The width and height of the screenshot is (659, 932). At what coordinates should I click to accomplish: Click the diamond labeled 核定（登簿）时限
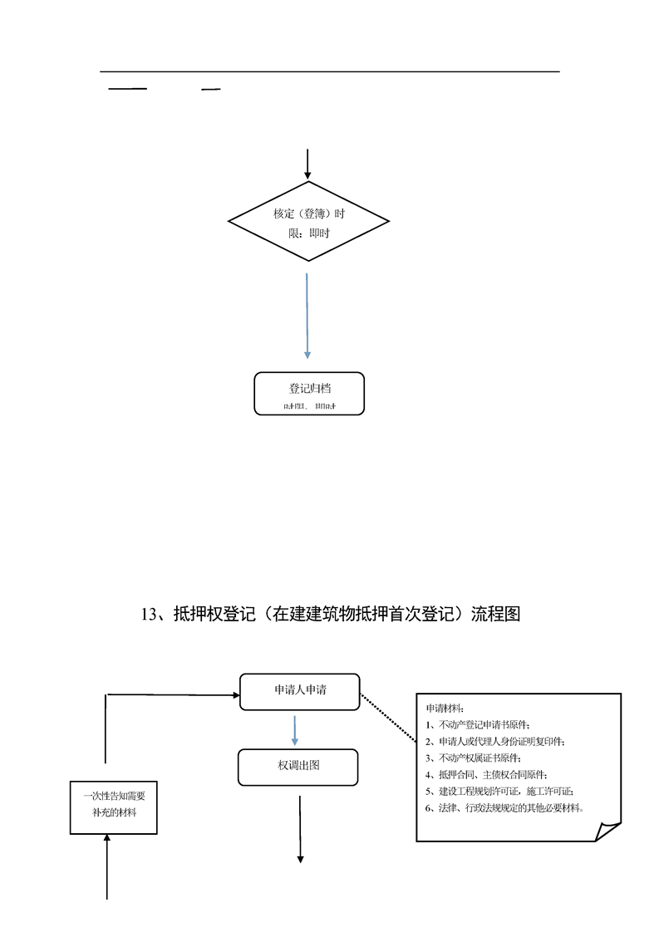(308, 223)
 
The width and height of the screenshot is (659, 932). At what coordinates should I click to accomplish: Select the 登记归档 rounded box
(308, 394)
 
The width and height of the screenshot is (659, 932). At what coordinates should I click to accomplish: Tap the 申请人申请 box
(299, 691)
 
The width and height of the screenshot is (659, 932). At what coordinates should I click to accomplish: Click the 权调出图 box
(298, 767)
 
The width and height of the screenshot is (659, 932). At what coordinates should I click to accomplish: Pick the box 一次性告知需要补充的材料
(113, 804)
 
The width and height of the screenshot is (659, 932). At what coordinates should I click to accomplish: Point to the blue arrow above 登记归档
(307, 316)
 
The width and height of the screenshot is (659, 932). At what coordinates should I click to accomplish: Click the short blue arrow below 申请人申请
(295, 729)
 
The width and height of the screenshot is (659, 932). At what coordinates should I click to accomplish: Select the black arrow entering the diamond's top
(307, 164)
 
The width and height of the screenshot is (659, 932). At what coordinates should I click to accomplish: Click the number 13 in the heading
(150, 615)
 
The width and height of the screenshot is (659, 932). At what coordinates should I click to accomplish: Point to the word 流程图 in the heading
(496, 615)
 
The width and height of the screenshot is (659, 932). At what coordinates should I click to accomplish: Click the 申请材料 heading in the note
(445, 709)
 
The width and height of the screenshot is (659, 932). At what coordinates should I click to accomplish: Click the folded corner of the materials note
(607, 831)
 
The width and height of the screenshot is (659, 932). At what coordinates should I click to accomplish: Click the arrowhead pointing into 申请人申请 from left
(234, 694)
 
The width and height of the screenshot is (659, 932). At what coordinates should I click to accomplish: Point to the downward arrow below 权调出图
(300, 831)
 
